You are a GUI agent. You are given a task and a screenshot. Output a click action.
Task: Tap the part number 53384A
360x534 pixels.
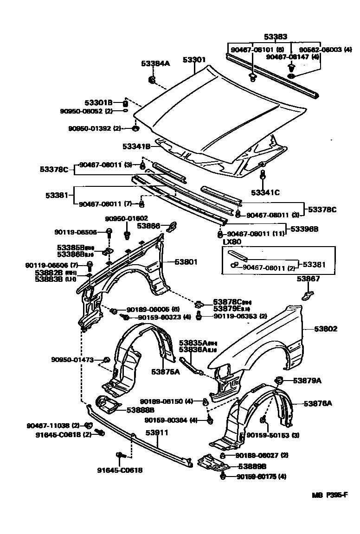point(155,64)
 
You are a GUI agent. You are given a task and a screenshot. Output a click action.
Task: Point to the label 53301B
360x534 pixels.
point(98,102)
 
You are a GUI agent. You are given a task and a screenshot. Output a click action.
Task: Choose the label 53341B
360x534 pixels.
point(137,146)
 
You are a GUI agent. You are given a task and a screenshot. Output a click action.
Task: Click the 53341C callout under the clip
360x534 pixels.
point(265,192)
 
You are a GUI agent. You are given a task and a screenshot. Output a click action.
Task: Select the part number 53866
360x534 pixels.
point(148,226)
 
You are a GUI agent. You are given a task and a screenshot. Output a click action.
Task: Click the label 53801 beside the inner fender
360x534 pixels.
point(186,262)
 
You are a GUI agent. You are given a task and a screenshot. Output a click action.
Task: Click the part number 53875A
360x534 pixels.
point(165,371)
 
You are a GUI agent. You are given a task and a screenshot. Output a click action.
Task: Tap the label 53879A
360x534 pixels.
point(307,381)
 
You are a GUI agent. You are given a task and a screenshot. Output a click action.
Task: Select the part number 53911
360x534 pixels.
point(156,432)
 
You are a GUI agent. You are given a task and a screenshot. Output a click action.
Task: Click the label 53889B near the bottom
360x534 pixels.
point(252,467)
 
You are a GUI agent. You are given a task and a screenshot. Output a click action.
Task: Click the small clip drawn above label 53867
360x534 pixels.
point(307,295)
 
